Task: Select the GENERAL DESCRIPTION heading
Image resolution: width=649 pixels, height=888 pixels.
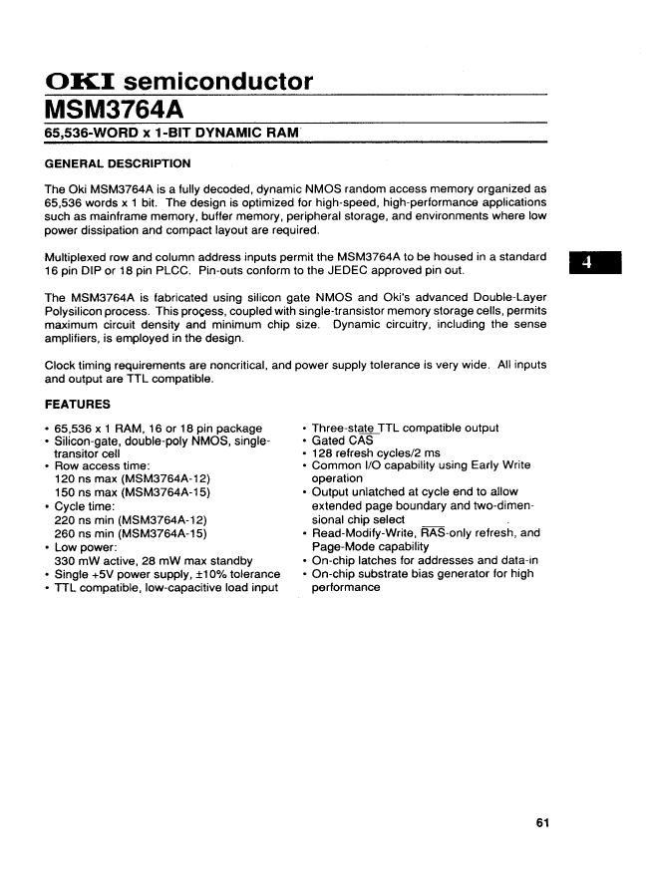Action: tap(118, 163)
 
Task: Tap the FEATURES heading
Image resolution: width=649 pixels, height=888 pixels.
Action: tap(78, 406)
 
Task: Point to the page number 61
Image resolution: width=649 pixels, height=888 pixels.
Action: tap(542, 822)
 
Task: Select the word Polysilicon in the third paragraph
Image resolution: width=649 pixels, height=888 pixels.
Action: tap(79, 311)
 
